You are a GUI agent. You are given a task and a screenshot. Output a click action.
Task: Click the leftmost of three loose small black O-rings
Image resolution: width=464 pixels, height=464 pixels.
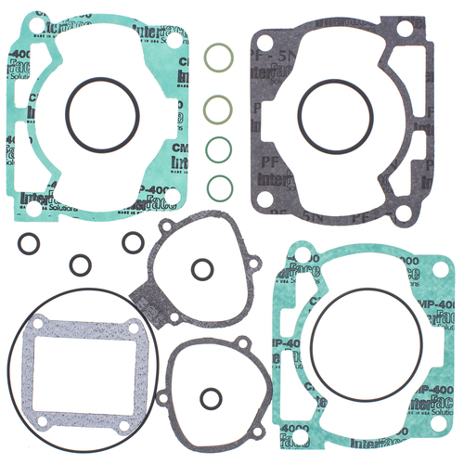point(28,246)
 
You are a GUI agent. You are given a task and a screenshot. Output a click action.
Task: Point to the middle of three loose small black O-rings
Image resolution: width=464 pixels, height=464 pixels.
point(82,264)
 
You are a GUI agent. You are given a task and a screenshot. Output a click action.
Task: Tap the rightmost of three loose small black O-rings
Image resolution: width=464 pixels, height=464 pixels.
point(131,242)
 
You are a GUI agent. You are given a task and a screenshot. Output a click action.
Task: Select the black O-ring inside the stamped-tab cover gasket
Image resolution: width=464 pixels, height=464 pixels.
point(200,269)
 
